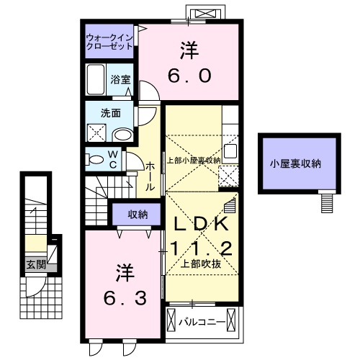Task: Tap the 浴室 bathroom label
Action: point(120,79)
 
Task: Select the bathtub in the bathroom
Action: point(96,80)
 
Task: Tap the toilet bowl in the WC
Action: point(95,160)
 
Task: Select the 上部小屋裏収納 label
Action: point(193,160)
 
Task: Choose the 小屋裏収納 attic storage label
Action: point(295,163)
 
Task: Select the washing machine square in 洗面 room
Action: point(95,133)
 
